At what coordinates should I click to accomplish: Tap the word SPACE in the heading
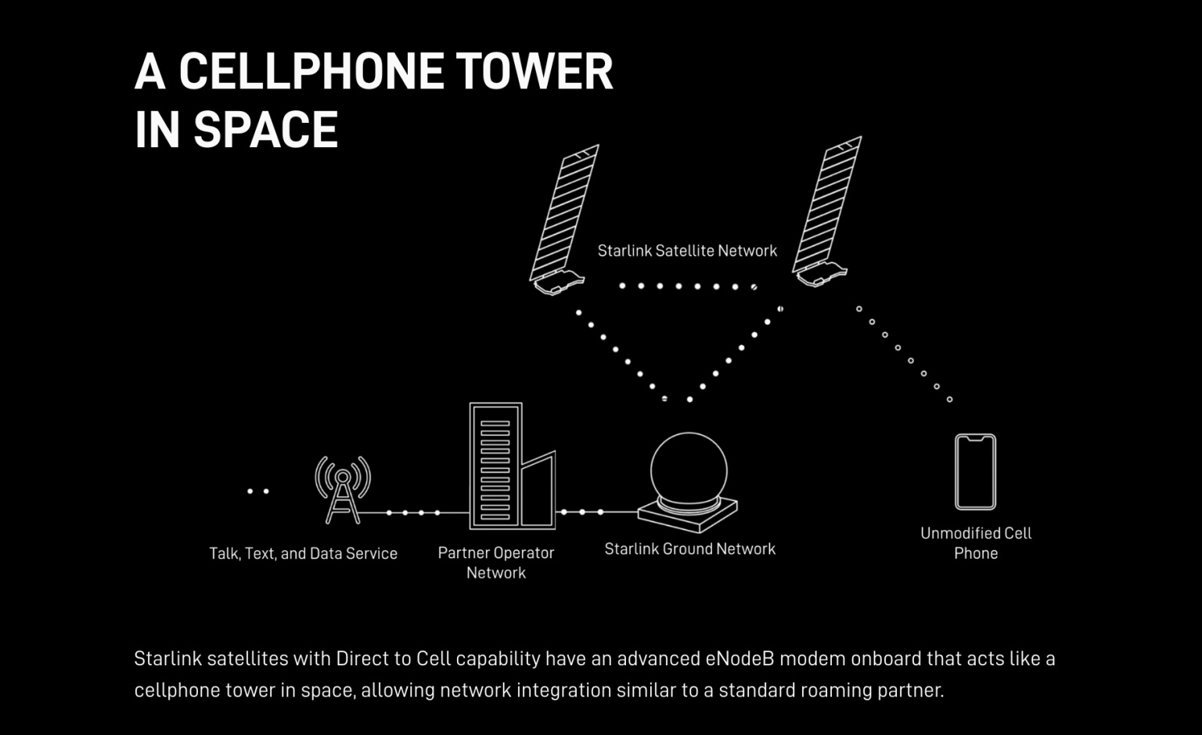pyautogui.click(x=265, y=129)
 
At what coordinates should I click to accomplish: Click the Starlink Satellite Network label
pyautogui.click(x=687, y=250)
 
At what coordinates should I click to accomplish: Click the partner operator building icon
pyautogui.click(x=512, y=466)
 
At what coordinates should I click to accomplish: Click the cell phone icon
pyautogui.click(x=975, y=471)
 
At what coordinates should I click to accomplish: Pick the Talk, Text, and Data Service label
pyautogui.click(x=303, y=553)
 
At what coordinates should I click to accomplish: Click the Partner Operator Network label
pyautogui.click(x=496, y=563)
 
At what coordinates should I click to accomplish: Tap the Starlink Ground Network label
pyautogui.click(x=689, y=549)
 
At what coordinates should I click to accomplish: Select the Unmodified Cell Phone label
pyautogui.click(x=976, y=542)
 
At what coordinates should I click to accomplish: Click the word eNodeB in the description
pyautogui.click(x=740, y=658)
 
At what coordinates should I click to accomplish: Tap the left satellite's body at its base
pyautogui.click(x=559, y=283)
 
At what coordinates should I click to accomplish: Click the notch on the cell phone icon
pyautogui.click(x=976, y=438)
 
